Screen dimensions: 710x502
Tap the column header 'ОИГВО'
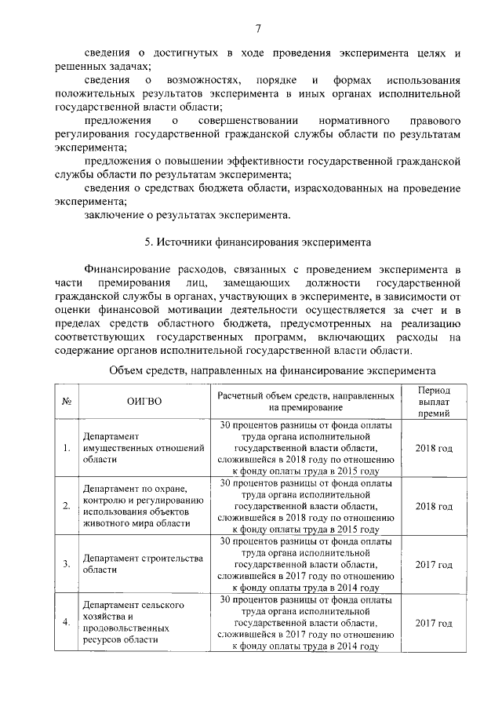pyautogui.click(x=144, y=401)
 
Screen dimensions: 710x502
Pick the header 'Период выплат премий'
pyautogui.click(x=434, y=401)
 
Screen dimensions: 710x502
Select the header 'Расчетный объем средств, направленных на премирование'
pyautogui.click(x=305, y=401)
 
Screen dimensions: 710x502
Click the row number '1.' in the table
pyautogui.click(x=67, y=449)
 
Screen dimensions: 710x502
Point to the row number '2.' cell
pyautogui.click(x=67, y=506)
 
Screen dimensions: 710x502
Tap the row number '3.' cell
pyautogui.click(x=67, y=564)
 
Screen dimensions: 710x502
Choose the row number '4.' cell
pyautogui.click(x=67, y=622)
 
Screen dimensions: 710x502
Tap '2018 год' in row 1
pyautogui.click(x=434, y=449)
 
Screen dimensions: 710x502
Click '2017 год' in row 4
pyautogui.click(x=434, y=622)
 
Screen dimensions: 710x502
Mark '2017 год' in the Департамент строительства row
pyautogui.click(x=434, y=564)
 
